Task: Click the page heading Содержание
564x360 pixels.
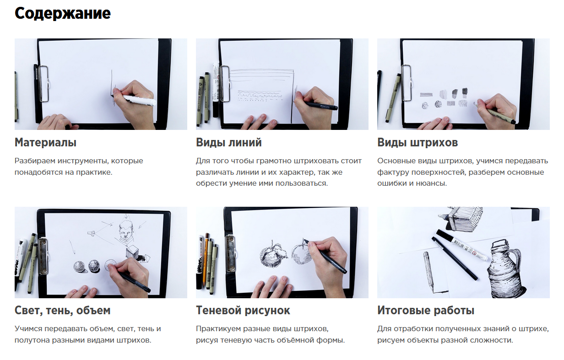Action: click(62, 14)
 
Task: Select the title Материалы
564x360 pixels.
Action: click(45, 142)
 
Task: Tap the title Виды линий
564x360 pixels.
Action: click(229, 142)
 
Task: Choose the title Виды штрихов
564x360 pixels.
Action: click(418, 142)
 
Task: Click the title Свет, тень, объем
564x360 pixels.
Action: click(62, 311)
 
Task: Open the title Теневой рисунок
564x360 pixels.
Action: click(243, 311)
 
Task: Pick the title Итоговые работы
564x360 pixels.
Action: click(426, 311)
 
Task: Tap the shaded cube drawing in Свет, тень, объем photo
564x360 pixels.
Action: click(133, 253)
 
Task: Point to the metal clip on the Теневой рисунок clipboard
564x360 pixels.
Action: click(231, 253)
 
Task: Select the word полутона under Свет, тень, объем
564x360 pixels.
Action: click(32, 341)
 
